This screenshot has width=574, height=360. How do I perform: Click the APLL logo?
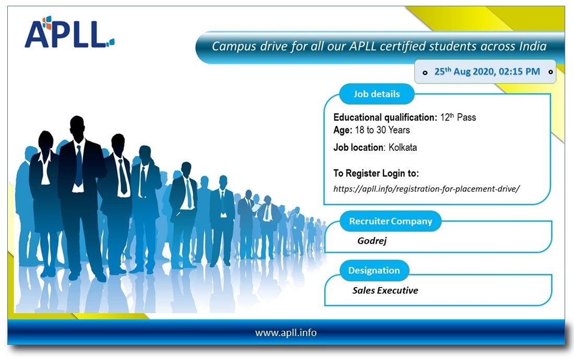[x=69, y=32]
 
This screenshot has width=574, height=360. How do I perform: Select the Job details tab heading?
[x=376, y=94]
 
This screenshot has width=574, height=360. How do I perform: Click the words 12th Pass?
[x=458, y=117]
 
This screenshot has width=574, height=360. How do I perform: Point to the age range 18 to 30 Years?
[x=382, y=130]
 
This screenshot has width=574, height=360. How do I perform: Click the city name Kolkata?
[x=403, y=148]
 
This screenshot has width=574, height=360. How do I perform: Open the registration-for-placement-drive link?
[x=426, y=189]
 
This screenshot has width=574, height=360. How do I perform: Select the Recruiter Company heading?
[x=391, y=221]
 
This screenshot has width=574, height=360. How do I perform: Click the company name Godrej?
[x=372, y=241]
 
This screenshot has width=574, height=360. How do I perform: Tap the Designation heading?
[x=374, y=270]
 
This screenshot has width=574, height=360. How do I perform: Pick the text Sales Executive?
[x=385, y=290]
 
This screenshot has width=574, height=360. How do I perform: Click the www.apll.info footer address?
[x=286, y=332]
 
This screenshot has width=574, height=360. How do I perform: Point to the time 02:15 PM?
[x=519, y=71]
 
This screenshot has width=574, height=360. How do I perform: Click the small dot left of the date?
[x=425, y=73]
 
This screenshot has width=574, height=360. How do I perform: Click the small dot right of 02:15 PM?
[x=551, y=71]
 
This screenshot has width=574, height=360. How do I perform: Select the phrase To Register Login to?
[x=376, y=173]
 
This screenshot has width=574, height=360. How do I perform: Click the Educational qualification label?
[x=385, y=117]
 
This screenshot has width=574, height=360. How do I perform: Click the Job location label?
[x=359, y=148]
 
